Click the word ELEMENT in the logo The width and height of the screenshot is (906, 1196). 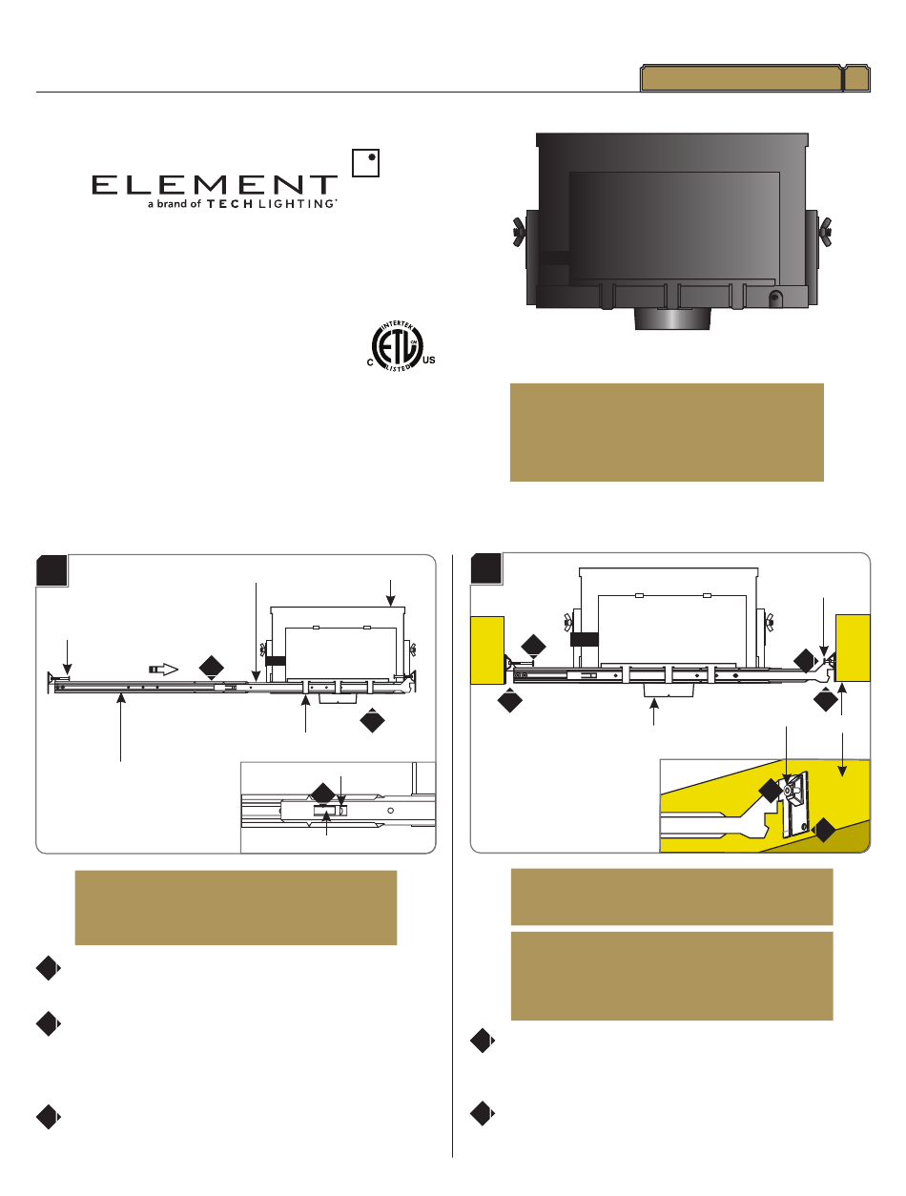click(x=215, y=185)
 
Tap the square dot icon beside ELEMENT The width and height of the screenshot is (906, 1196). click(x=365, y=163)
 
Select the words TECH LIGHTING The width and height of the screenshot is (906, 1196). click(x=270, y=204)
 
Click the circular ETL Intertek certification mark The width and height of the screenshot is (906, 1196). click(x=397, y=346)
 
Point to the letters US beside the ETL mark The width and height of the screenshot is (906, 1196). click(x=429, y=361)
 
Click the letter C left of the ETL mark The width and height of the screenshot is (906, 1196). click(x=370, y=362)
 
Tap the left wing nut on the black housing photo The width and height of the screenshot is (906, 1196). click(x=519, y=232)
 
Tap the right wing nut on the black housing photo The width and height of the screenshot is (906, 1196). click(x=824, y=232)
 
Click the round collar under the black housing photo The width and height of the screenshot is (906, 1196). click(x=673, y=319)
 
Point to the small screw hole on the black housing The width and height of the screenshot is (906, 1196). click(x=775, y=299)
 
